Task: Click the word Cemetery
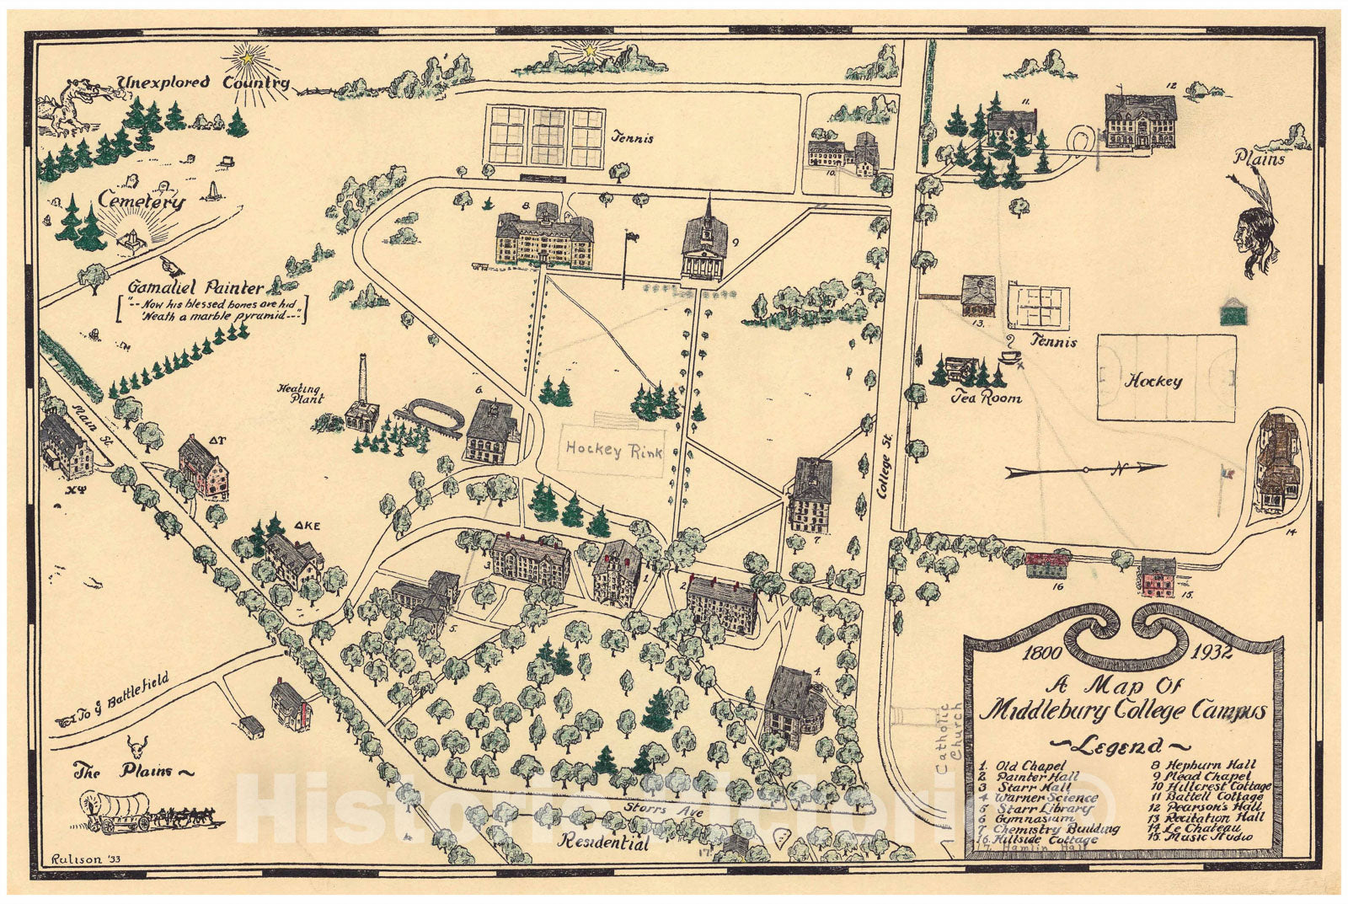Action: click(141, 201)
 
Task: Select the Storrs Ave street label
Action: click(645, 811)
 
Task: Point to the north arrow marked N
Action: click(1087, 469)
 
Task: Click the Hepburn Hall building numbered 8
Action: click(543, 237)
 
